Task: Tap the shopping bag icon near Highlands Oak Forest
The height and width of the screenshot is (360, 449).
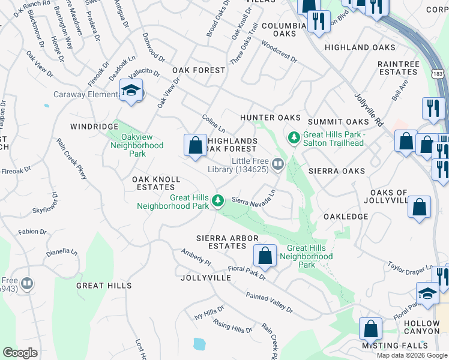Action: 195,145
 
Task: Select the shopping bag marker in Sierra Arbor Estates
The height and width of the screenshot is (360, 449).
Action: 265,256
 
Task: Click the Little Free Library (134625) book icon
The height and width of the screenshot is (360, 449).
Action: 278,163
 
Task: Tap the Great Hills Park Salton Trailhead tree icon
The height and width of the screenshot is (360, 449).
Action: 294,139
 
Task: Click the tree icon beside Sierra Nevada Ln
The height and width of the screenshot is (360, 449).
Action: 220,201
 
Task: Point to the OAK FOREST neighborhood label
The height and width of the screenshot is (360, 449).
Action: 199,70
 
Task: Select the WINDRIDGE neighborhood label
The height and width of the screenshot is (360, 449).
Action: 94,127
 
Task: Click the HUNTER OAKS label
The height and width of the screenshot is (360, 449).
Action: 270,118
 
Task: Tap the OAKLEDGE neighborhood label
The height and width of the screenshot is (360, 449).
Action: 345,216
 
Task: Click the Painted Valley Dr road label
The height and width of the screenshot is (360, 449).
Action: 269,303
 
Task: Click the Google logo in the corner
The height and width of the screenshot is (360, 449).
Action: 20,353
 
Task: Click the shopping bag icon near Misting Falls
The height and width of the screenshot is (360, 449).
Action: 370,329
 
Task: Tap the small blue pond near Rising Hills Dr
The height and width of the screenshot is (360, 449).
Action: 198,344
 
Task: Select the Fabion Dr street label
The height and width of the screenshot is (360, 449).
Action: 32,232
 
